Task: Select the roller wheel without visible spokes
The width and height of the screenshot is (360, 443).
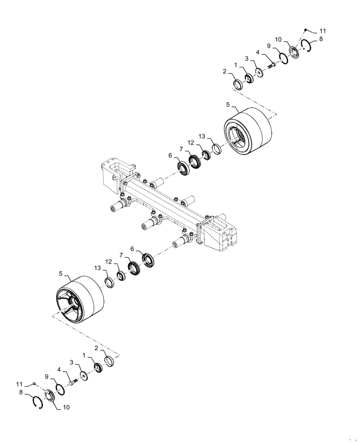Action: [248, 132]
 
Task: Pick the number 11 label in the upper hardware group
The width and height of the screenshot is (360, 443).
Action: [322, 31]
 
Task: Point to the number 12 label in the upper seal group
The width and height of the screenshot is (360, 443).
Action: [191, 143]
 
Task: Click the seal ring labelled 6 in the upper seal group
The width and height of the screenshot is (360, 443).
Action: [183, 168]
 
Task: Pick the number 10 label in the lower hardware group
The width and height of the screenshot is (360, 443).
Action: [66, 407]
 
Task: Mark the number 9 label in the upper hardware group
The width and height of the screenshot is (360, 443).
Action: [269, 46]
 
